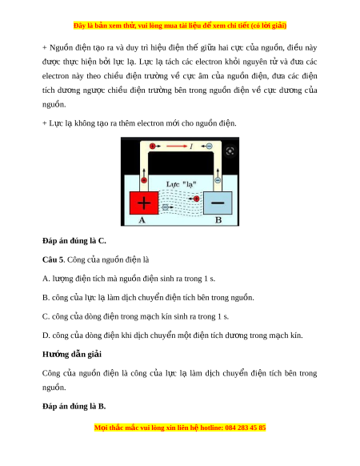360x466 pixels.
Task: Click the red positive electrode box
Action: pos(144,203)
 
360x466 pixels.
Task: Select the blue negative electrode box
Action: pos(218,203)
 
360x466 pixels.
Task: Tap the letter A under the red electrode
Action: pos(142,220)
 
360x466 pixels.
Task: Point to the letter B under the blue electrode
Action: pos(218,220)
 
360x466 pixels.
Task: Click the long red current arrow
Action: pos(177,147)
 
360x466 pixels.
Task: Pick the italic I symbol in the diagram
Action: pos(191,147)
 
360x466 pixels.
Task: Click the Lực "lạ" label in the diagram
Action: pos(181,184)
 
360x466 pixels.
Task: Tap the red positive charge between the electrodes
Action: pos(196,199)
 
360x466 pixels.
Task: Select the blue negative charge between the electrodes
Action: pos(166,207)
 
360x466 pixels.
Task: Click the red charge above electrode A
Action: pos(144,180)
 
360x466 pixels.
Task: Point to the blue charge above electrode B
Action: pos(218,180)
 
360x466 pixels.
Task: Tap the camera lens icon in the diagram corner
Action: pos(230,151)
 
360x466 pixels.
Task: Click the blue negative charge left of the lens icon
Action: pos(210,147)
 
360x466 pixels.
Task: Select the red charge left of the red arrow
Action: pos(152,147)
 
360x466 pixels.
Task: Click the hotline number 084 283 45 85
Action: pos(246,428)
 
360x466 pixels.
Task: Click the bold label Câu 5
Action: pos(53,259)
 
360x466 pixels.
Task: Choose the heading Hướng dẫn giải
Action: pos(72,354)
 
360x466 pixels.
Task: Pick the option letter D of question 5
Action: pos(46,335)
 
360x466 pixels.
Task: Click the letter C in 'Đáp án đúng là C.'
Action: pos(102,241)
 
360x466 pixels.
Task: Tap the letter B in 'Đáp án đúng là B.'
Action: pos(101,406)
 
